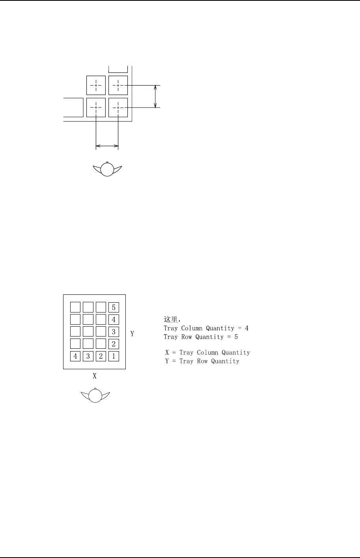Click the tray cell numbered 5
pyautogui.click(x=114, y=307)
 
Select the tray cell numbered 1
pyautogui.click(x=114, y=356)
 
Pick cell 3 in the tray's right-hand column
pyautogui.click(x=114, y=332)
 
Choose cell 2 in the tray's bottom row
pyautogui.click(x=101, y=356)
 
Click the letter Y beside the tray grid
pyautogui.click(x=132, y=334)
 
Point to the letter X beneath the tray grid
pyautogui.click(x=95, y=376)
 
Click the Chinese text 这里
pyautogui.click(x=170, y=319)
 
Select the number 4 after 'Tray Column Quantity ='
pyautogui.click(x=246, y=328)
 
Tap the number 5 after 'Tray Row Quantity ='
pyautogui.click(x=236, y=337)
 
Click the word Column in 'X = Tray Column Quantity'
pyautogui.click(x=208, y=352)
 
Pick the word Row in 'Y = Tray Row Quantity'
pyautogui.click(x=202, y=361)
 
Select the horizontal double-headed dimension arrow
pyautogui.click(x=107, y=146)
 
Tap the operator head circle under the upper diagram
pyautogui.click(x=107, y=169)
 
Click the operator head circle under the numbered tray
pyautogui.click(x=95, y=396)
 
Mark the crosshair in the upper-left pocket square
pyautogui.click(x=96, y=85)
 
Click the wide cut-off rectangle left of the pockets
pyautogui.click(x=73, y=108)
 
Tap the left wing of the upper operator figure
pyautogui.click(x=97, y=169)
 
